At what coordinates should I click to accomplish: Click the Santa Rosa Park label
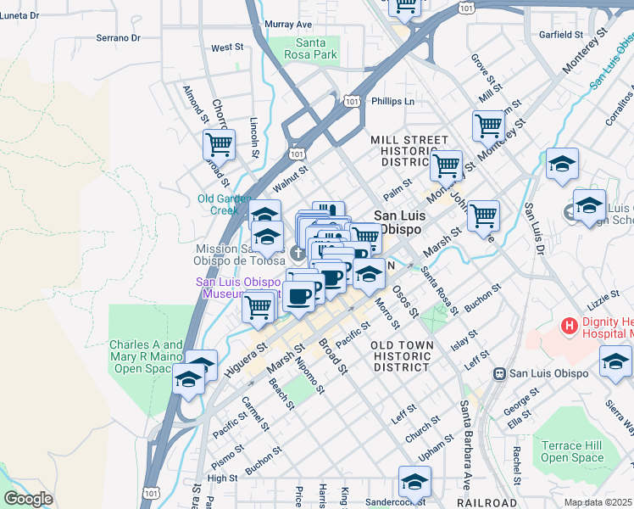316,49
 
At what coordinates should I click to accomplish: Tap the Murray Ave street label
288,25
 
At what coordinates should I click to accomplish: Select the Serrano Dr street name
117,38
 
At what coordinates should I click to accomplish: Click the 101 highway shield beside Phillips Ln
352,101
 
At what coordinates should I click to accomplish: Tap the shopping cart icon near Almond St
219,144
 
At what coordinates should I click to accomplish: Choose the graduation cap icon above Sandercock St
414,481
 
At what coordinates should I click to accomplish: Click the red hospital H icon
569,325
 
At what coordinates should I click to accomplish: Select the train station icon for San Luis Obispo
500,373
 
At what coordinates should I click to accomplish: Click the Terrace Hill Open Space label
573,451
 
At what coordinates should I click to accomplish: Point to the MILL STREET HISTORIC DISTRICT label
409,150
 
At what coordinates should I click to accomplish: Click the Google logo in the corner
27,499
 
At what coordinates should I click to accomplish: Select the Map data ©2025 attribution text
598,502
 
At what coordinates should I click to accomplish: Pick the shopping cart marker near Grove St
488,126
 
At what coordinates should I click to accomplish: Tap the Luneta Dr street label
20,16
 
